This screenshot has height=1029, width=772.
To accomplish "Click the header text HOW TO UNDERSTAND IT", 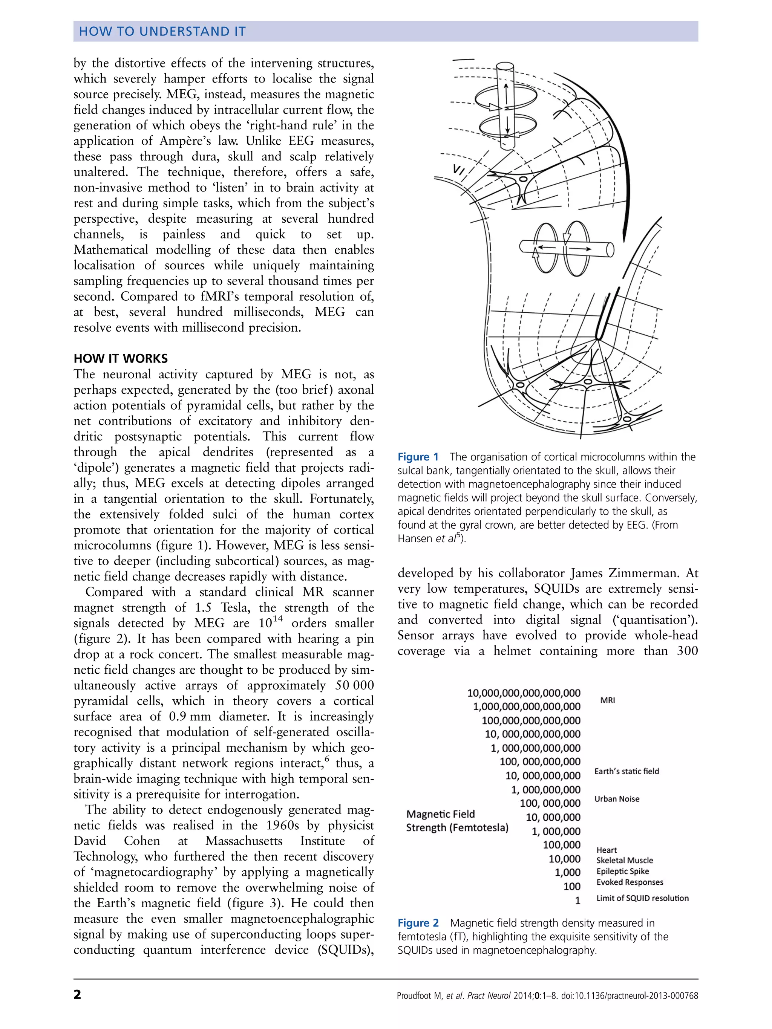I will [162, 31].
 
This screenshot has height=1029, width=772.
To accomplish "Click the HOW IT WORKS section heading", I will [121, 358].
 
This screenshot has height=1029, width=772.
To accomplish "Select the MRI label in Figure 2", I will [608, 700].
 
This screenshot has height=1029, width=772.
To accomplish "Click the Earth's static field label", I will [626, 771].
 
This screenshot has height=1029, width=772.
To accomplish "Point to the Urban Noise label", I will [617, 799].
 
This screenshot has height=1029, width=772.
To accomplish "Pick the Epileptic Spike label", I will [623, 871].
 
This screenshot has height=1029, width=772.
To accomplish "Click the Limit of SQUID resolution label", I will [642, 898].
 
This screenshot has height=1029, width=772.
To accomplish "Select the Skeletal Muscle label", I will [625, 861].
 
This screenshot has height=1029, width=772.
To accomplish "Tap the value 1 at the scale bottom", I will [577, 901].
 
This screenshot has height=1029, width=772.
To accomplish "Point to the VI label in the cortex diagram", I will [459, 171].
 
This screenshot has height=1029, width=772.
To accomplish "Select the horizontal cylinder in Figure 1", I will [566, 249].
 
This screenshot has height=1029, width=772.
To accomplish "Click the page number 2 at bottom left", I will [77, 995].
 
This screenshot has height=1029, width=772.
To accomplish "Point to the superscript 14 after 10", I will [278, 619].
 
